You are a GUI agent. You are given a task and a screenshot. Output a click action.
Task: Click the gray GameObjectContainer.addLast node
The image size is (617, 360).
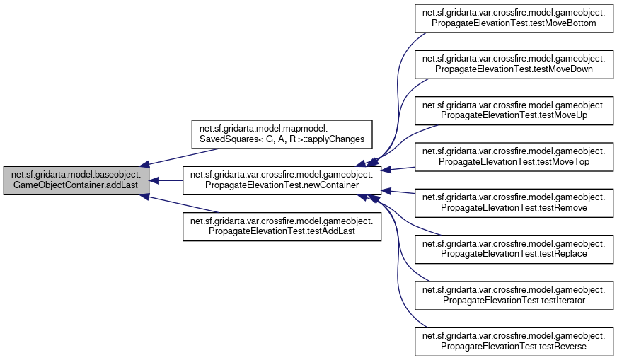coord(76,181)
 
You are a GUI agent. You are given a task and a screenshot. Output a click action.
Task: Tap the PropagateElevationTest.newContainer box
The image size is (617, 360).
coord(282,181)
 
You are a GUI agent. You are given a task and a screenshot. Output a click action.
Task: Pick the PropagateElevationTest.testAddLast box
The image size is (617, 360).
coord(282,228)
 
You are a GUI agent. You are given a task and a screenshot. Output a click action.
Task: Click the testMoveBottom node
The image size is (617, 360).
coord(513,18)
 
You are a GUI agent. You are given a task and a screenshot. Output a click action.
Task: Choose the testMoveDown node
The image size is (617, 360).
coord(513,64)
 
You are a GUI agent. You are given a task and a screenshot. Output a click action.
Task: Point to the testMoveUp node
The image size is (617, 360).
coord(513,111)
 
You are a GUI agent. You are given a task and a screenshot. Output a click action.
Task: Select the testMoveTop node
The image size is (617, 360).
coord(513,158)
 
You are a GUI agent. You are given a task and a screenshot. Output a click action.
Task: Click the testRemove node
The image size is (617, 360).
coord(513,204)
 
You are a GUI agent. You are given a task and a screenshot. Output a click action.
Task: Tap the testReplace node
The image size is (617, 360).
coord(513,251)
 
